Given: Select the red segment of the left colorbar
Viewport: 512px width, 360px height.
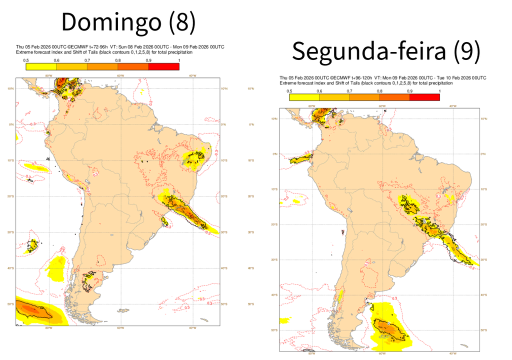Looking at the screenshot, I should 163,66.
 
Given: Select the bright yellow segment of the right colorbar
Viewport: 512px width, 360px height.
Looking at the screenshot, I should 304,97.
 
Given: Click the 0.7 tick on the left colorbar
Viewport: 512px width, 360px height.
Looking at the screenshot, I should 87,60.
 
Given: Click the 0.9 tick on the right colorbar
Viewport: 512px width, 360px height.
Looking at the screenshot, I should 409,91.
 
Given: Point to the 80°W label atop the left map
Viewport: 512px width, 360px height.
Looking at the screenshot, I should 48,76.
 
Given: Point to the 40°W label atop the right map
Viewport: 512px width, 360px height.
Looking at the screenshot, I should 452,106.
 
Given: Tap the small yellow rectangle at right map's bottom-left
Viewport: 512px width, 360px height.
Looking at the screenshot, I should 285,320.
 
